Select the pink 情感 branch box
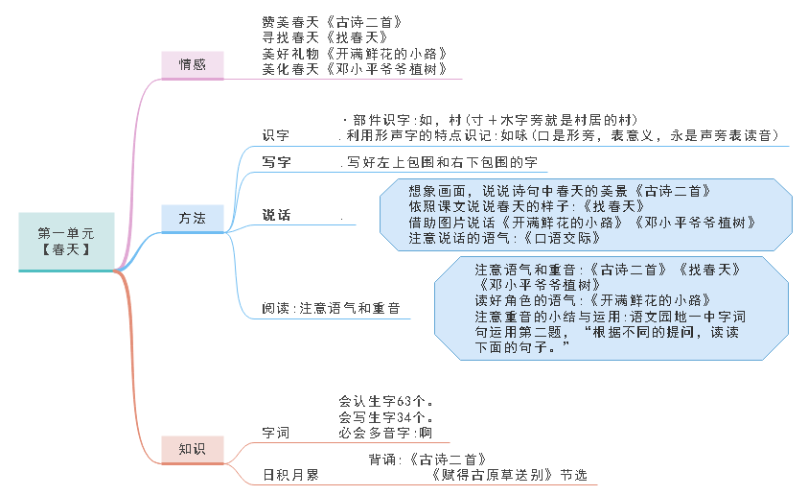coord(192,64)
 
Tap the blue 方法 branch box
coord(192,218)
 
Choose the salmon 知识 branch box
coord(192,448)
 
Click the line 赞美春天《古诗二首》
coord(325,21)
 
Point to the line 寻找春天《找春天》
coord(312,36)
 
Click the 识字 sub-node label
coord(276,135)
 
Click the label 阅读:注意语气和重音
coord(331,309)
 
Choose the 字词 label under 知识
coord(276,434)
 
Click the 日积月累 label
coord(290,475)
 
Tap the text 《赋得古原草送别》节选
coord(508,475)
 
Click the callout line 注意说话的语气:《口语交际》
coord(498,237)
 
